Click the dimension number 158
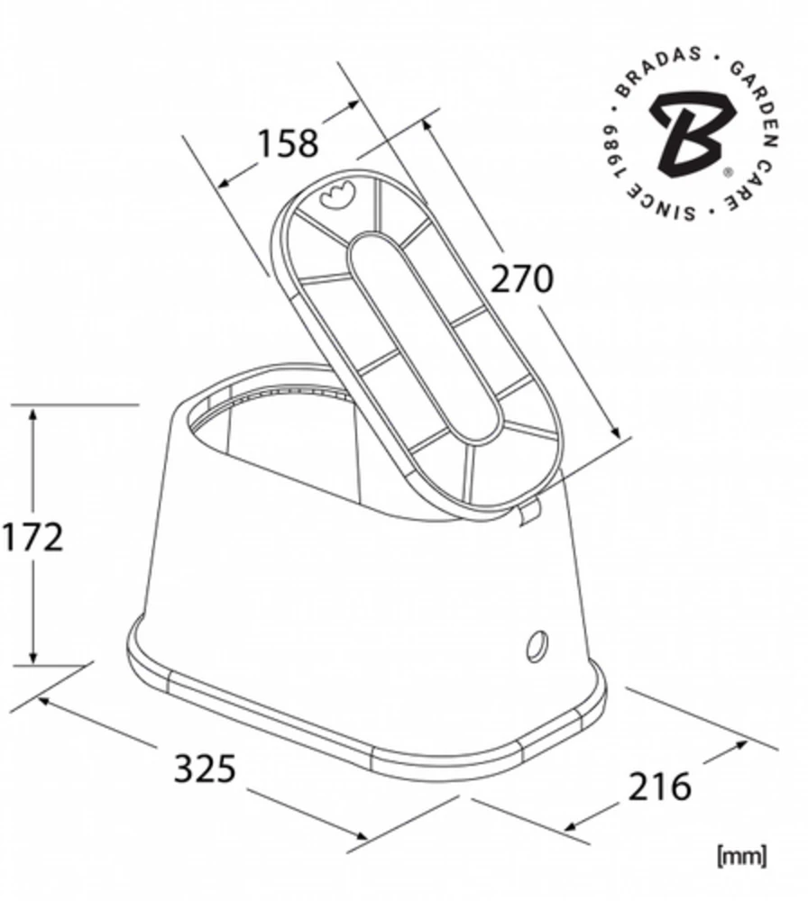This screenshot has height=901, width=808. point(287,143)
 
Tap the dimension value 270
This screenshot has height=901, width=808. point(521,278)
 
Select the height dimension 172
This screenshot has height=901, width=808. point(32,537)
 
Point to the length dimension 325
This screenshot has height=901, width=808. point(205,768)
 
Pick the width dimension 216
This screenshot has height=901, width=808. point(659,786)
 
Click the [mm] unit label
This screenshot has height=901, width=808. point(742,856)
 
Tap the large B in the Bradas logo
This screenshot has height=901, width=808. point(693,134)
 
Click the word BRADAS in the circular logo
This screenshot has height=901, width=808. point(656,69)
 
